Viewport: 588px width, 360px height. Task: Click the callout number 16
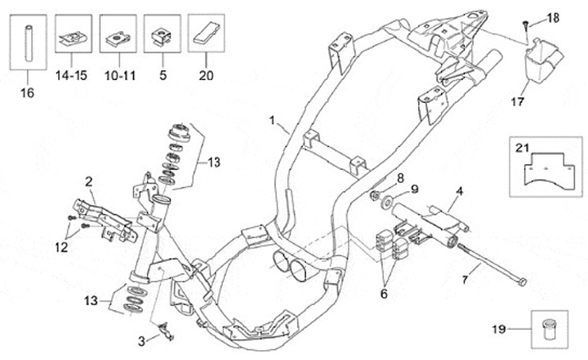tap(27, 92)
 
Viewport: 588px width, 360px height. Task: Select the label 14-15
tap(71, 75)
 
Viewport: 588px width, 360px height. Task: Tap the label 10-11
tap(120, 75)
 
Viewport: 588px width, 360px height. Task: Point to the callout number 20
tap(207, 75)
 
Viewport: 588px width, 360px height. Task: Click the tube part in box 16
tap(29, 42)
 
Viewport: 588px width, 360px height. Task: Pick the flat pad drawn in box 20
tap(207, 33)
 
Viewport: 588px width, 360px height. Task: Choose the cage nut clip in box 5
tap(162, 38)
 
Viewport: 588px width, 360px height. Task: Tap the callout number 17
tap(518, 101)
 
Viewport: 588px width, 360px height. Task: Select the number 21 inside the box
tap(522, 148)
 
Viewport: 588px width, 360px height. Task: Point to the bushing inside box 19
tap(549, 329)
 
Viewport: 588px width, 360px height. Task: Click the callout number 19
tap(499, 329)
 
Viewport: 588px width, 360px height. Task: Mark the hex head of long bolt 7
tap(520, 282)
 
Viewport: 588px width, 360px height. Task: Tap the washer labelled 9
tap(387, 203)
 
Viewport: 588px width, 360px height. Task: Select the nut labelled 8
tap(374, 195)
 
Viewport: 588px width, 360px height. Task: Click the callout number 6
tap(384, 294)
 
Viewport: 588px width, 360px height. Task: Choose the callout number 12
tap(61, 247)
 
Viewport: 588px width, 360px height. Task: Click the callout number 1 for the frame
tap(273, 120)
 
